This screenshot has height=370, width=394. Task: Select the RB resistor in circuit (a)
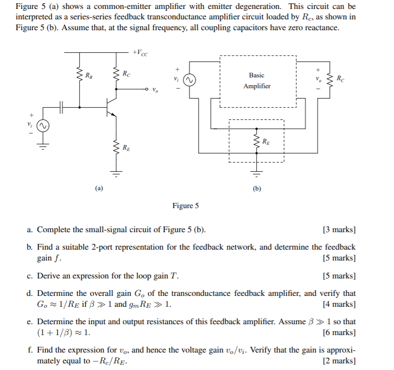pos(79,74)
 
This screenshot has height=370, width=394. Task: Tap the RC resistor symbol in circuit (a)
pos(115,74)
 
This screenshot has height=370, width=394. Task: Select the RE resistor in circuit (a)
pos(115,148)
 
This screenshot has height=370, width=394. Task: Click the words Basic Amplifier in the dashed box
pos(257,81)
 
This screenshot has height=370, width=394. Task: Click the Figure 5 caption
pos(185,206)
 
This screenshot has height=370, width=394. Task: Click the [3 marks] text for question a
pos(339,230)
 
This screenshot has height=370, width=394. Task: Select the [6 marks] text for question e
pos(339,332)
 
